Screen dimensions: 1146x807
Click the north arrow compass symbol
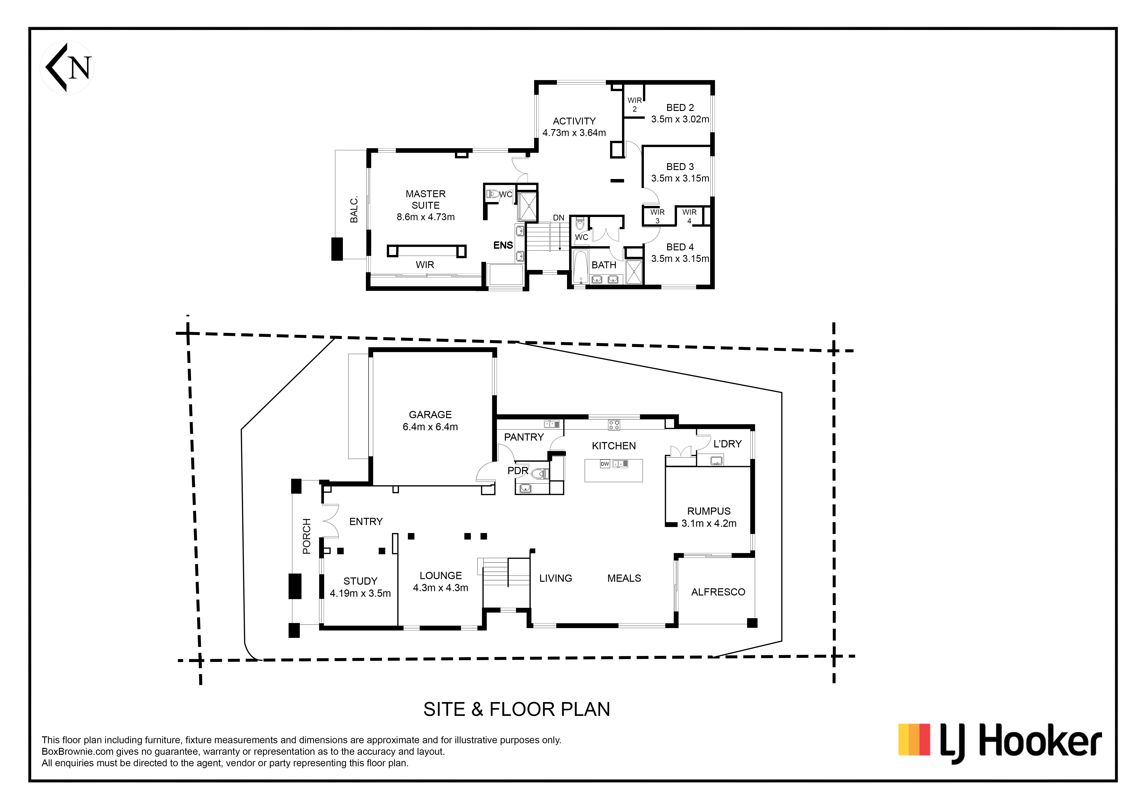click(x=67, y=67)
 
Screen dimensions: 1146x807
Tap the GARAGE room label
click(x=430, y=415)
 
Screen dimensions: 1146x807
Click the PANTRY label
click(x=524, y=437)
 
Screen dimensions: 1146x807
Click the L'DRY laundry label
click(x=727, y=444)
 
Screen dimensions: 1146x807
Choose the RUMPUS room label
click(x=709, y=511)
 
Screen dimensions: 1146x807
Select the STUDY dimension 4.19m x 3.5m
click(x=360, y=593)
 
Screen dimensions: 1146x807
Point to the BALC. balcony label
click(x=354, y=210)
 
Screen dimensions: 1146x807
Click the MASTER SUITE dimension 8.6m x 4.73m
click(x=426, y=217)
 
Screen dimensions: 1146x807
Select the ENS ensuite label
click(x=503, y=245)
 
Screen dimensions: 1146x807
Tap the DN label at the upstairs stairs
click(x=559, y=218)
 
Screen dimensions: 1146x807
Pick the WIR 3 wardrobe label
click(x=657, y=216)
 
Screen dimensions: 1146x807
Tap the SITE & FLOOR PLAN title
click(x=517, y=709)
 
